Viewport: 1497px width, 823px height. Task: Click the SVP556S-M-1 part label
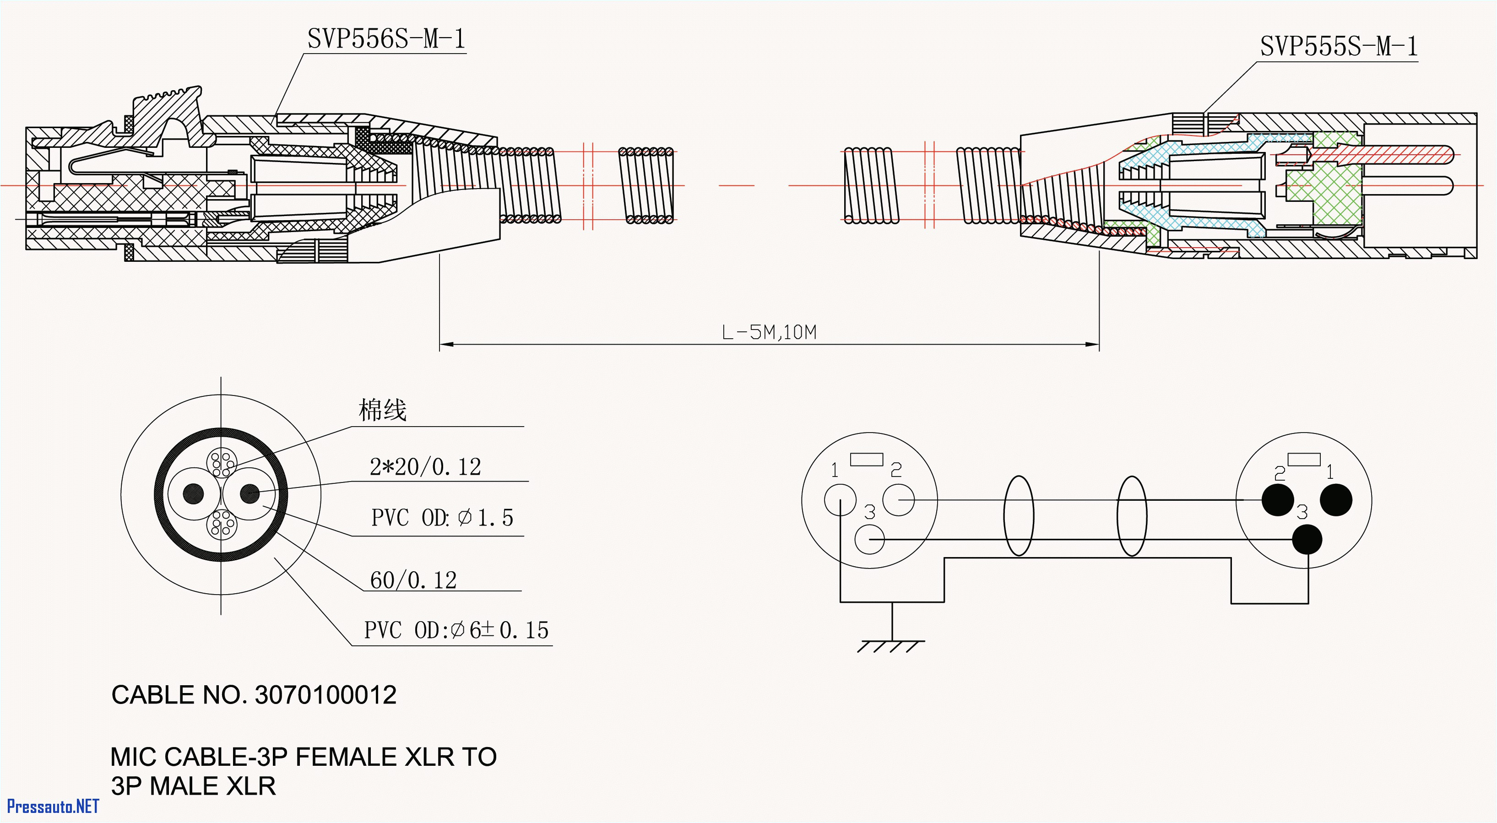click(386, 39)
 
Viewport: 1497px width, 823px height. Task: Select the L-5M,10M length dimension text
click(769, 332)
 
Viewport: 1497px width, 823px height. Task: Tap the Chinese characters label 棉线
click(382, 410)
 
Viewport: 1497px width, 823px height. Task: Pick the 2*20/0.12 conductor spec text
click(425, 467)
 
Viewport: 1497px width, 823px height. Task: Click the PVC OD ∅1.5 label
click(442, 517)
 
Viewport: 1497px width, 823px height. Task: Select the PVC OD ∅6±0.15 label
click(456, 630)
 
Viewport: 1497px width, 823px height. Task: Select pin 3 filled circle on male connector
click(1307, 539)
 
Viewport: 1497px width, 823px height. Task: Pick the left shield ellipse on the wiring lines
click(1019, 515)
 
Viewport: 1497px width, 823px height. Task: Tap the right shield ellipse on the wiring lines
click(1132, 515)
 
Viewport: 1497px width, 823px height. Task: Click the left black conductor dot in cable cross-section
click(194, 493)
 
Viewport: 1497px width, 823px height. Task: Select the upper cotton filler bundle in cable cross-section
click(222, 464)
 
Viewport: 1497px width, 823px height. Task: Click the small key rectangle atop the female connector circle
click(867, 459)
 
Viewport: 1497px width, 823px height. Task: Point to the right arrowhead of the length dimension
click(1093, 345)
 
